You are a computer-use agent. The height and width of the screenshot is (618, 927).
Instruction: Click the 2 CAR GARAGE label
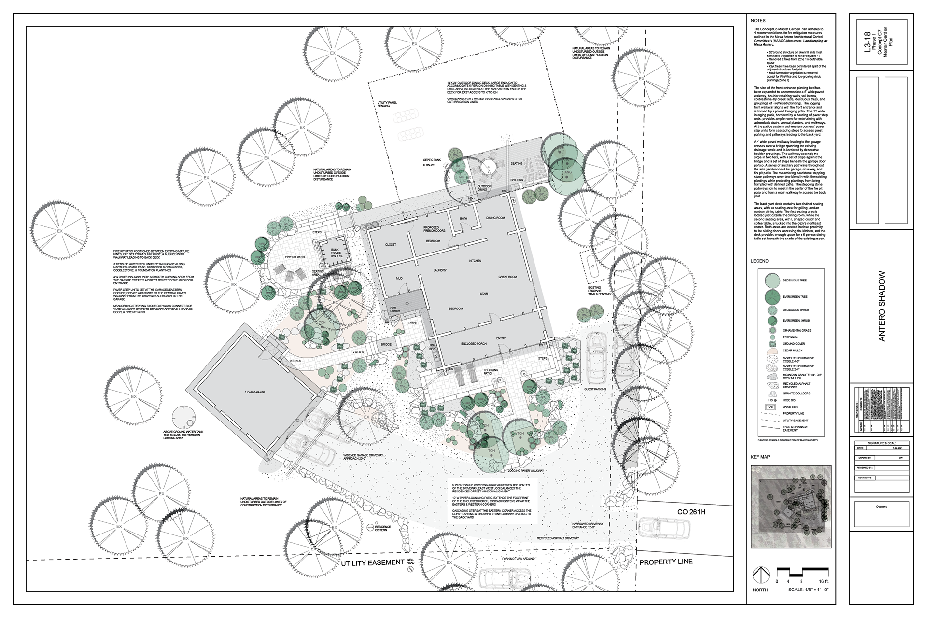pyautogui.click(x=255, y=393)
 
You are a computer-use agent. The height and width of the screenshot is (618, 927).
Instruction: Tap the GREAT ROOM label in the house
pyautogui.click(x=507, y=277)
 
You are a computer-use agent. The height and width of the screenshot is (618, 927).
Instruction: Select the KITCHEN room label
pyautogui.click(x=475, y=261)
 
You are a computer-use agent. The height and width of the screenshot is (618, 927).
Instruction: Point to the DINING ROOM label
pyautogui.click(x=495, y=218)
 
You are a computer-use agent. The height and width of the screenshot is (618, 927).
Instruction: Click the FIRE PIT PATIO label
pyautogui.click(x=295, y=257)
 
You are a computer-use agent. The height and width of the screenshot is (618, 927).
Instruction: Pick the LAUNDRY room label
pyautogui.click(x=439, y=270)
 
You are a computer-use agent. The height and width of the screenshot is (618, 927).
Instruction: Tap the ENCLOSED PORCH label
pyautogui.click(x=474, y=344)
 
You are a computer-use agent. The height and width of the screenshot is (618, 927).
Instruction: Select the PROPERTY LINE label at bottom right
pyautogui.click(x=666, y=562)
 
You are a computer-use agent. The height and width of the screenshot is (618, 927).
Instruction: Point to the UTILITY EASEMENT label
pyautogui.click(x=372, y=562)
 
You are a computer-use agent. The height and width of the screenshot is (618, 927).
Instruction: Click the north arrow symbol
pyautogui.click(x=760, y=575)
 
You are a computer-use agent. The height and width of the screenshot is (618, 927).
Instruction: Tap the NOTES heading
pyautogui.click(x=758, y=21)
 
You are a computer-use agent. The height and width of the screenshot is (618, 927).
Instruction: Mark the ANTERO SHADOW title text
pyautogui.click(x=882, y=313)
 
